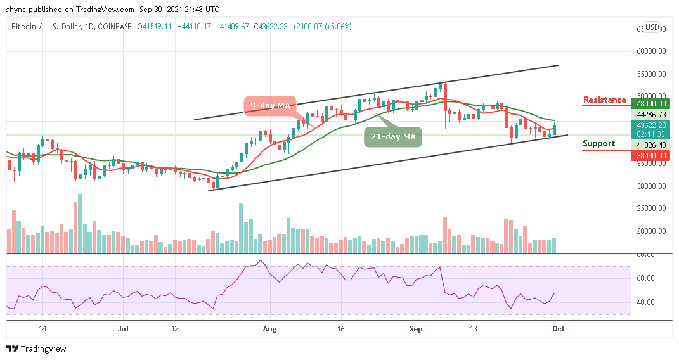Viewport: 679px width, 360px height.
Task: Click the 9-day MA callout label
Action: click(268, 105)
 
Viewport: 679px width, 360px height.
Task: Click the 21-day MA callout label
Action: click(393, 136)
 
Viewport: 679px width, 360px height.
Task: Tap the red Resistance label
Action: click(605, 100)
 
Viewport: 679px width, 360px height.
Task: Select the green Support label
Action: click(599, 144)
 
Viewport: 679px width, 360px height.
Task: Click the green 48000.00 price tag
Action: click(651, 104)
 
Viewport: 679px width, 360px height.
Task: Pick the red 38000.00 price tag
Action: click(651, 155)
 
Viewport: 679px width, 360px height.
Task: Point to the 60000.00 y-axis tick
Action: click(651, 51)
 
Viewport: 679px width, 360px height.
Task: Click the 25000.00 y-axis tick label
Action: click(651, 209)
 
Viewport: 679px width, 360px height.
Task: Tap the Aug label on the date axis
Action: click(270, 329)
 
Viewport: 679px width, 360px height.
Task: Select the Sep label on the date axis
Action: click(416, 329)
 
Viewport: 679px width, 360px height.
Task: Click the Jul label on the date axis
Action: click(124, 329)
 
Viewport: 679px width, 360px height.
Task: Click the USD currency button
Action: click(652, 27)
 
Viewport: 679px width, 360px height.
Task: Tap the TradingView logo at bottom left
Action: click(36, 349)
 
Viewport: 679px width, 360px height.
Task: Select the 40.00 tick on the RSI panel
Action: click(647, 302)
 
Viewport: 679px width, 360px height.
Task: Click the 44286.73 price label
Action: click(651, 115)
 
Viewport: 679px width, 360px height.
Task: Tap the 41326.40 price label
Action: click(651, 145)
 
